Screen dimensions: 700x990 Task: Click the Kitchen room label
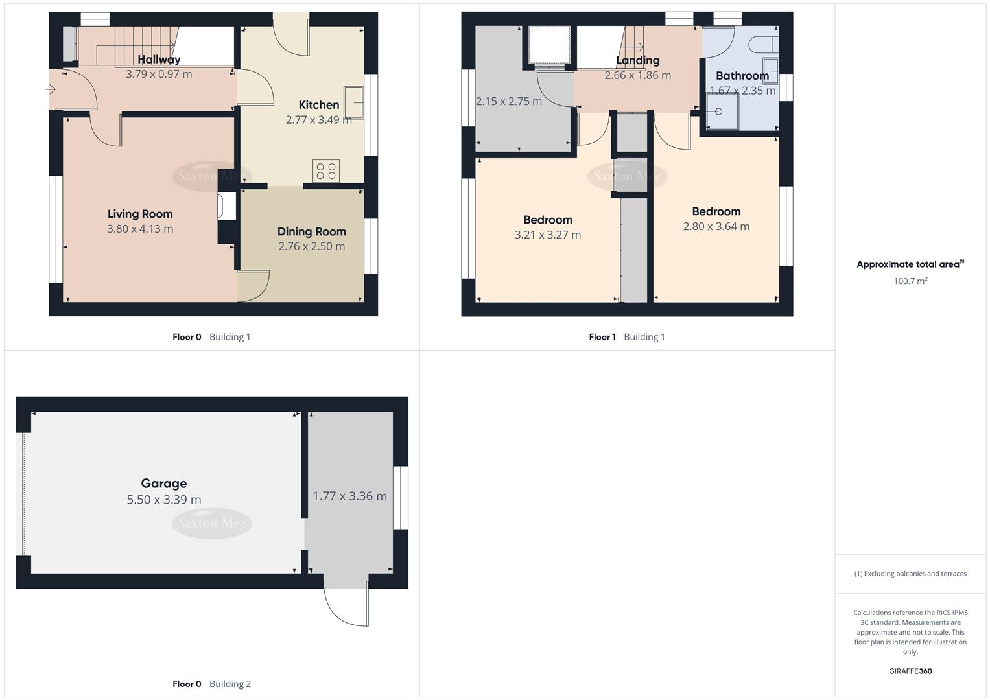pyautogui.click(x=318, y=105)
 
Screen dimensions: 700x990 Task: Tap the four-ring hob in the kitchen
pyautogui.click(x=326, y=171)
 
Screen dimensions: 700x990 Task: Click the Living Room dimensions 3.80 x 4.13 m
pyautogui.click(x=140, y=229)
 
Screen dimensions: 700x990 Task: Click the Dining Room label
pyautogui.click(x=311, y=231)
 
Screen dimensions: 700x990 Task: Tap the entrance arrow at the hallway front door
pyautogui.click(x=51, y=89)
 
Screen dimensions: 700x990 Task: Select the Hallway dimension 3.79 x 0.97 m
pyautogui.click(x=159, y=74)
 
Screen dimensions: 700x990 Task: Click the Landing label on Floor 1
pyautogui.click(x=637, y=60)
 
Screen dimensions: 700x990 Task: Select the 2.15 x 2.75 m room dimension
pyautogui.click(x=508, y=101)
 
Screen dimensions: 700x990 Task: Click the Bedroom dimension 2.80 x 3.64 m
pyautogui.click(x=716, y=226)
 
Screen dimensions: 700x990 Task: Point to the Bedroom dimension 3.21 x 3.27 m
pyautogui.click(x=547, y=235)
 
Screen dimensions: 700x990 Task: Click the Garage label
pyautogui.click(x=164, y=483)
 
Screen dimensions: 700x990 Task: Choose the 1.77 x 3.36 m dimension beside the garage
pyautogui.click(x=349, y=496)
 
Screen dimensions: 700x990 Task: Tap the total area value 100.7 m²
pyautogui.click(x=910, y=281)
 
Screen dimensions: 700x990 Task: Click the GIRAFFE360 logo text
pyautogui.click(x=910, y=671)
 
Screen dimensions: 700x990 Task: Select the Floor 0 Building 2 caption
pyautogui.click(x=211, y=684)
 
